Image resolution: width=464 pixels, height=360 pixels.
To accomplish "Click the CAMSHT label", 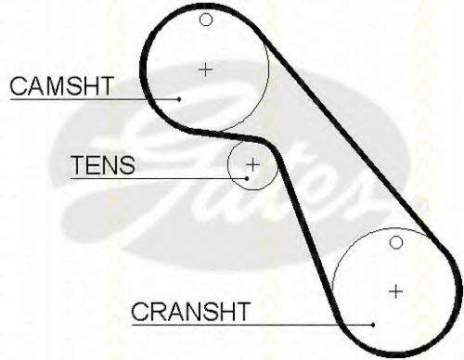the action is [61, 85].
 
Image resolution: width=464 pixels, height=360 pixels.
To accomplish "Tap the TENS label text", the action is [103, 165].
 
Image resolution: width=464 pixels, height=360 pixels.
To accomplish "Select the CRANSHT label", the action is [191, 311].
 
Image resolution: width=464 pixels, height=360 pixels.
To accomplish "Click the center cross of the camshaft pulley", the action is [205, 70].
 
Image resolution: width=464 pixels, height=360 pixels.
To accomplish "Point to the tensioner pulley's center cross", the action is [252, 164].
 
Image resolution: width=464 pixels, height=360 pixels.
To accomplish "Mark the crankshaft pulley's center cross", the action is [395, 291].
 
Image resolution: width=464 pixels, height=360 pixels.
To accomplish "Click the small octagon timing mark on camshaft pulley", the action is [206, 19].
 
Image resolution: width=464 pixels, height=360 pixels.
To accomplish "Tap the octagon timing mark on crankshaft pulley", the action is [396, 242].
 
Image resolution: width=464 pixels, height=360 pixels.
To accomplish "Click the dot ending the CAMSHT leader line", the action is [179, 99].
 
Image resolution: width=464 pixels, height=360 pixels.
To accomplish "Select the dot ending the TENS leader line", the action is [247, 178].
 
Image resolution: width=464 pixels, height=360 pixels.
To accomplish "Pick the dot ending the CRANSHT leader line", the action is [373, 325].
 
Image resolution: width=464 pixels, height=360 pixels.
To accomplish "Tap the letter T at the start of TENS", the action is [78, 165].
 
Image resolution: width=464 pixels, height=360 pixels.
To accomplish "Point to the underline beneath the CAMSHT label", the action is [94, 99].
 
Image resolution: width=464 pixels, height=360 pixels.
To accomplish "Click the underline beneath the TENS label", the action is [158, 178].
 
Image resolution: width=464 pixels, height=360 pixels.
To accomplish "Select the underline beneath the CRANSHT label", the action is [251, 325].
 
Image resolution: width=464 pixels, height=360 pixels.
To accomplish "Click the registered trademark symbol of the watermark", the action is [423, 204].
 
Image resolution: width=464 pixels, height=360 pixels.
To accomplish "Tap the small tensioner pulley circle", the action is [228, 165].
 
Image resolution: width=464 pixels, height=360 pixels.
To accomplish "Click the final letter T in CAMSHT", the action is [106, 85].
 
